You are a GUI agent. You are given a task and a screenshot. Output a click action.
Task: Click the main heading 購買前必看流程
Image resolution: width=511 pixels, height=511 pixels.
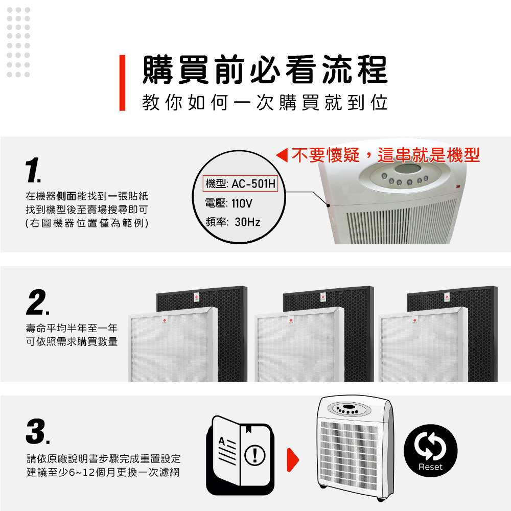tap(265, 69)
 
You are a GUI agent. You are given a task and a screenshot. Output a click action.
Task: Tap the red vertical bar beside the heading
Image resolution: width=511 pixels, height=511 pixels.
tap(122, 83)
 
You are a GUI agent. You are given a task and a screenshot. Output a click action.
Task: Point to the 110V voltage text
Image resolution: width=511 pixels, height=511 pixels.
tap(242, 204)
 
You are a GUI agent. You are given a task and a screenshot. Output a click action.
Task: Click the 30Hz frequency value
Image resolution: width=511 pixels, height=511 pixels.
tap(247, 222)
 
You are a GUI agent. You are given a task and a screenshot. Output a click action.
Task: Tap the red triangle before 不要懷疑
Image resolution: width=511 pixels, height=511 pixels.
tap(282, 155)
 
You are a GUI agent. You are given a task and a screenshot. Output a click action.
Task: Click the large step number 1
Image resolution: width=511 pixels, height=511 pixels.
tap(33, 170)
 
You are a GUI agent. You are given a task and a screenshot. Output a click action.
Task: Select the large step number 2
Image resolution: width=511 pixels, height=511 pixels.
tap(37, 302)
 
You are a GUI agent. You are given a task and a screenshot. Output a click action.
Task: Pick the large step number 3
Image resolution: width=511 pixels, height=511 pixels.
tap(38, 431)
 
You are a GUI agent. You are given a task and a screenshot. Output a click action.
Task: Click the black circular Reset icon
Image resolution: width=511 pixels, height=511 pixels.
tap(430, 451)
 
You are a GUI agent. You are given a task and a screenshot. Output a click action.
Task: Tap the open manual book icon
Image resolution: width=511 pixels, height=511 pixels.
tap(240, 455)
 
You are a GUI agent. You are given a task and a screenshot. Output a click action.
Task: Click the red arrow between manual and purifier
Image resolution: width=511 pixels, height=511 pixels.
tap(293, 460)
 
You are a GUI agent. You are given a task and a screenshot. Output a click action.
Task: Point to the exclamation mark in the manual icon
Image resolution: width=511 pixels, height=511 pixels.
tap(255, 455)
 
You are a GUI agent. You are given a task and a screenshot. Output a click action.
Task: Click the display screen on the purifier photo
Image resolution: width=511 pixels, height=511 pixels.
tap(408, 169)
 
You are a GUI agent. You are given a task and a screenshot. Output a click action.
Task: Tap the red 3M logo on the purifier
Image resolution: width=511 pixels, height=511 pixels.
tap(458, 187)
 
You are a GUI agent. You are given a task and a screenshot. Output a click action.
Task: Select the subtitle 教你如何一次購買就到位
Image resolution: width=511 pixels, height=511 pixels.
tap(265, 103)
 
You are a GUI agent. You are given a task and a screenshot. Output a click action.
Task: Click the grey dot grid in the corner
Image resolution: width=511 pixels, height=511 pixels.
tap(18, 42)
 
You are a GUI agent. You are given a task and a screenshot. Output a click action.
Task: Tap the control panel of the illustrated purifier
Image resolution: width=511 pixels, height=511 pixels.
tap(349, 409)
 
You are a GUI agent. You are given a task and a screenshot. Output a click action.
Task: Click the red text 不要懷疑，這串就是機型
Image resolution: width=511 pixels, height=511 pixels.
tap(386, 155)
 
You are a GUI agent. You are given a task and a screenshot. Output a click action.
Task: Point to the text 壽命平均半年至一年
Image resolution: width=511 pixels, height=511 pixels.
tap(72, 328)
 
